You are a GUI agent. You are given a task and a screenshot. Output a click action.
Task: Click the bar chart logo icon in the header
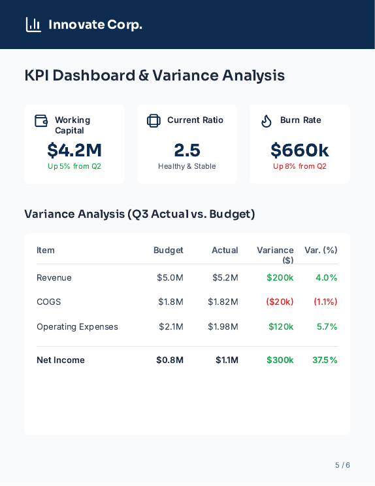point(33,25)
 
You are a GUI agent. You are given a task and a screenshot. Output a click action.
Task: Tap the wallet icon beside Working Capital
point(41,121)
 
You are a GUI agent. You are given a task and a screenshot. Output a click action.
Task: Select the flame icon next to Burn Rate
point(266,121)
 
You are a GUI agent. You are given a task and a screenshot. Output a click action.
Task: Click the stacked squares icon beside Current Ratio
point(154,121)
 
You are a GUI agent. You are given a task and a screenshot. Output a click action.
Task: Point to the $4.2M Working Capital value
point(74,150)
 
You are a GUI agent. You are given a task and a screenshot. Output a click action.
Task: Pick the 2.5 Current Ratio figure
point(187,150)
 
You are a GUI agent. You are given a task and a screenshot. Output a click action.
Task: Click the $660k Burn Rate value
point(300,150)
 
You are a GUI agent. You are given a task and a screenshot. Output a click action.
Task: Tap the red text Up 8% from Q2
point(300,166)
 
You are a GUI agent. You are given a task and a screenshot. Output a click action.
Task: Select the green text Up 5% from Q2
point(74,166)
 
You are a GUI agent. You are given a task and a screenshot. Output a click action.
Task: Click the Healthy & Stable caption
point(187,166)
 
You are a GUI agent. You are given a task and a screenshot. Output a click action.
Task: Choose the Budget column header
point(169,250)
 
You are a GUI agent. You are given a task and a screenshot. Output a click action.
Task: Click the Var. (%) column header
point(321,250)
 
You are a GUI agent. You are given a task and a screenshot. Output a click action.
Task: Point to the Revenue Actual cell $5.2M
point(225,277)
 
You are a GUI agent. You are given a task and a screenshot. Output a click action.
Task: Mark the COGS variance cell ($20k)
point(280,302)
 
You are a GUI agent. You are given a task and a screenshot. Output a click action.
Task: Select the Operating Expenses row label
point(77,326)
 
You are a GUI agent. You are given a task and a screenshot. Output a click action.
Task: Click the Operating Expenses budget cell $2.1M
point(171,326)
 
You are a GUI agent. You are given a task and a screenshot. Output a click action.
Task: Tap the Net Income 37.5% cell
point(325,360)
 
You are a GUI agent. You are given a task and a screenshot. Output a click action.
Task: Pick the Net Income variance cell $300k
point(280,360)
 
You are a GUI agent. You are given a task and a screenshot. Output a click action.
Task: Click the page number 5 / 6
point(342,465)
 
